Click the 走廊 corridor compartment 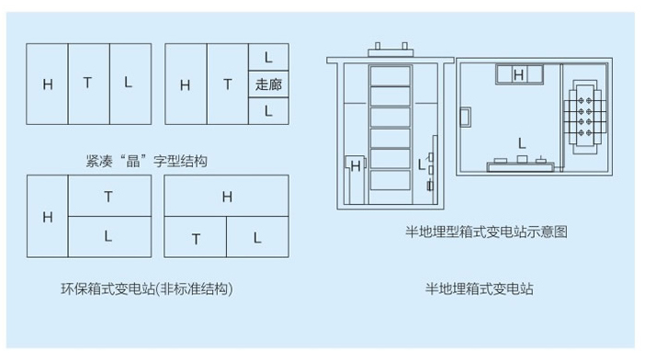click(x=267, y=84)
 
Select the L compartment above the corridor click(x=267, y=57)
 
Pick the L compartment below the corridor click(x=267, y=110)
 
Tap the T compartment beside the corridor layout click(x=227, y=84)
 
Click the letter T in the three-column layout click(x=88, y=84)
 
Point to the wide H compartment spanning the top click(x=226, y=197)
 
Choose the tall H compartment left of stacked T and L click(x=48, y=217)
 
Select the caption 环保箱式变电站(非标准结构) click(x=146, y=288)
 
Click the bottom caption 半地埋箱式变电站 click(x=479, y=288)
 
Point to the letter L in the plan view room click(x=521, y=143)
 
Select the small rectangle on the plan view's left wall click(x=466, y=118)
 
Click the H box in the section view click(x=355, y=166)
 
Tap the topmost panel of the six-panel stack click(x=390, y=74)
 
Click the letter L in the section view click(x=422, y=165)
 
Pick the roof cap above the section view click(x=390, y=48)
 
